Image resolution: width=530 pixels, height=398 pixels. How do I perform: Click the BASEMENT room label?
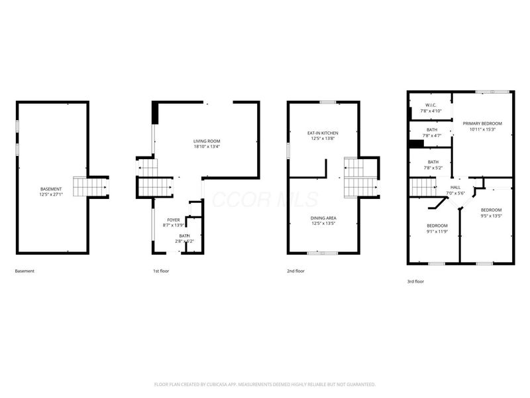pyautogui.click(x=51, y=189)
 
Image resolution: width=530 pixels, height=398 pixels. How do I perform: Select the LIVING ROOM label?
pyautogui.click(x=206, y=141)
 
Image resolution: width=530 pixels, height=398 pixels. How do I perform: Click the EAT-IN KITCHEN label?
pyautogui.click(x=323, y=133)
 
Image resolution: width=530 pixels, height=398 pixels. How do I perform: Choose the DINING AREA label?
pyautogui.click(x=323, y=217)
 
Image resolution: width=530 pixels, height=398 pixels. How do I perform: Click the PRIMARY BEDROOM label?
pyautogui.click(x=482, y=123)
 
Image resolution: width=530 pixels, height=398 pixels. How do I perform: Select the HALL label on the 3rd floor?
pyautogui.click(x=456, y=187)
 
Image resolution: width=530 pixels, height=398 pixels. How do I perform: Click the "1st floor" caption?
pyautogui.click(x=160, y=271)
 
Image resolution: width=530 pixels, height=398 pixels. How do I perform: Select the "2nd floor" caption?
pyautogui.click(x=295, y=271)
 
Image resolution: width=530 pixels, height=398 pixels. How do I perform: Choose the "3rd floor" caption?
pyautogui.click(x=415, y=281)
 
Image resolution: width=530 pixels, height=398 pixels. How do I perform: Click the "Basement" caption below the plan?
pyautogui.click(x=25, y=271)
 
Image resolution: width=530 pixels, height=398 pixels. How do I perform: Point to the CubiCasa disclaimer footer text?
pyautogui.click(x=265, y=384)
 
